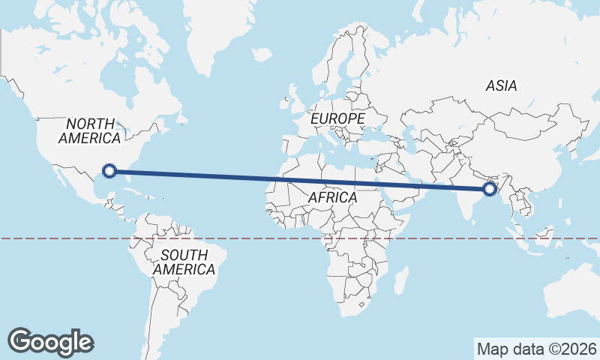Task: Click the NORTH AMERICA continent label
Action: pyautogui.click(x=89, y=130)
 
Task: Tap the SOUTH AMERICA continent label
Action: pyautogui.click(x=183, y=262)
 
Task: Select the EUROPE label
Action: pyautogui.click(x=337, y=118)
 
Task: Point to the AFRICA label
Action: pyautogui.click(x=332, y=197)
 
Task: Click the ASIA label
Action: pyautogui.click(x=501, y=85)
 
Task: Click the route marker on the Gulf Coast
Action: pyautogui.click(x=109, y=171)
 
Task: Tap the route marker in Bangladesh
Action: pyautogui.click(x=490, y=189)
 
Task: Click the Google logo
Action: pyautogui.click(x=50, y=341)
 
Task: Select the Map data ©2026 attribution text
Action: pyautogui.click(x=536, y=349)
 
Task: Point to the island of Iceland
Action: pyautogui.click(x=260, y=55)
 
